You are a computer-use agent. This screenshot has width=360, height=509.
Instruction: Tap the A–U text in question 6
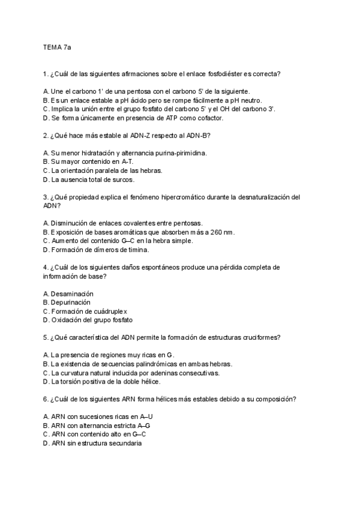coord(154,417)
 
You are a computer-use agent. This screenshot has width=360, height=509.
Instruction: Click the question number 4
coord(46,267)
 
